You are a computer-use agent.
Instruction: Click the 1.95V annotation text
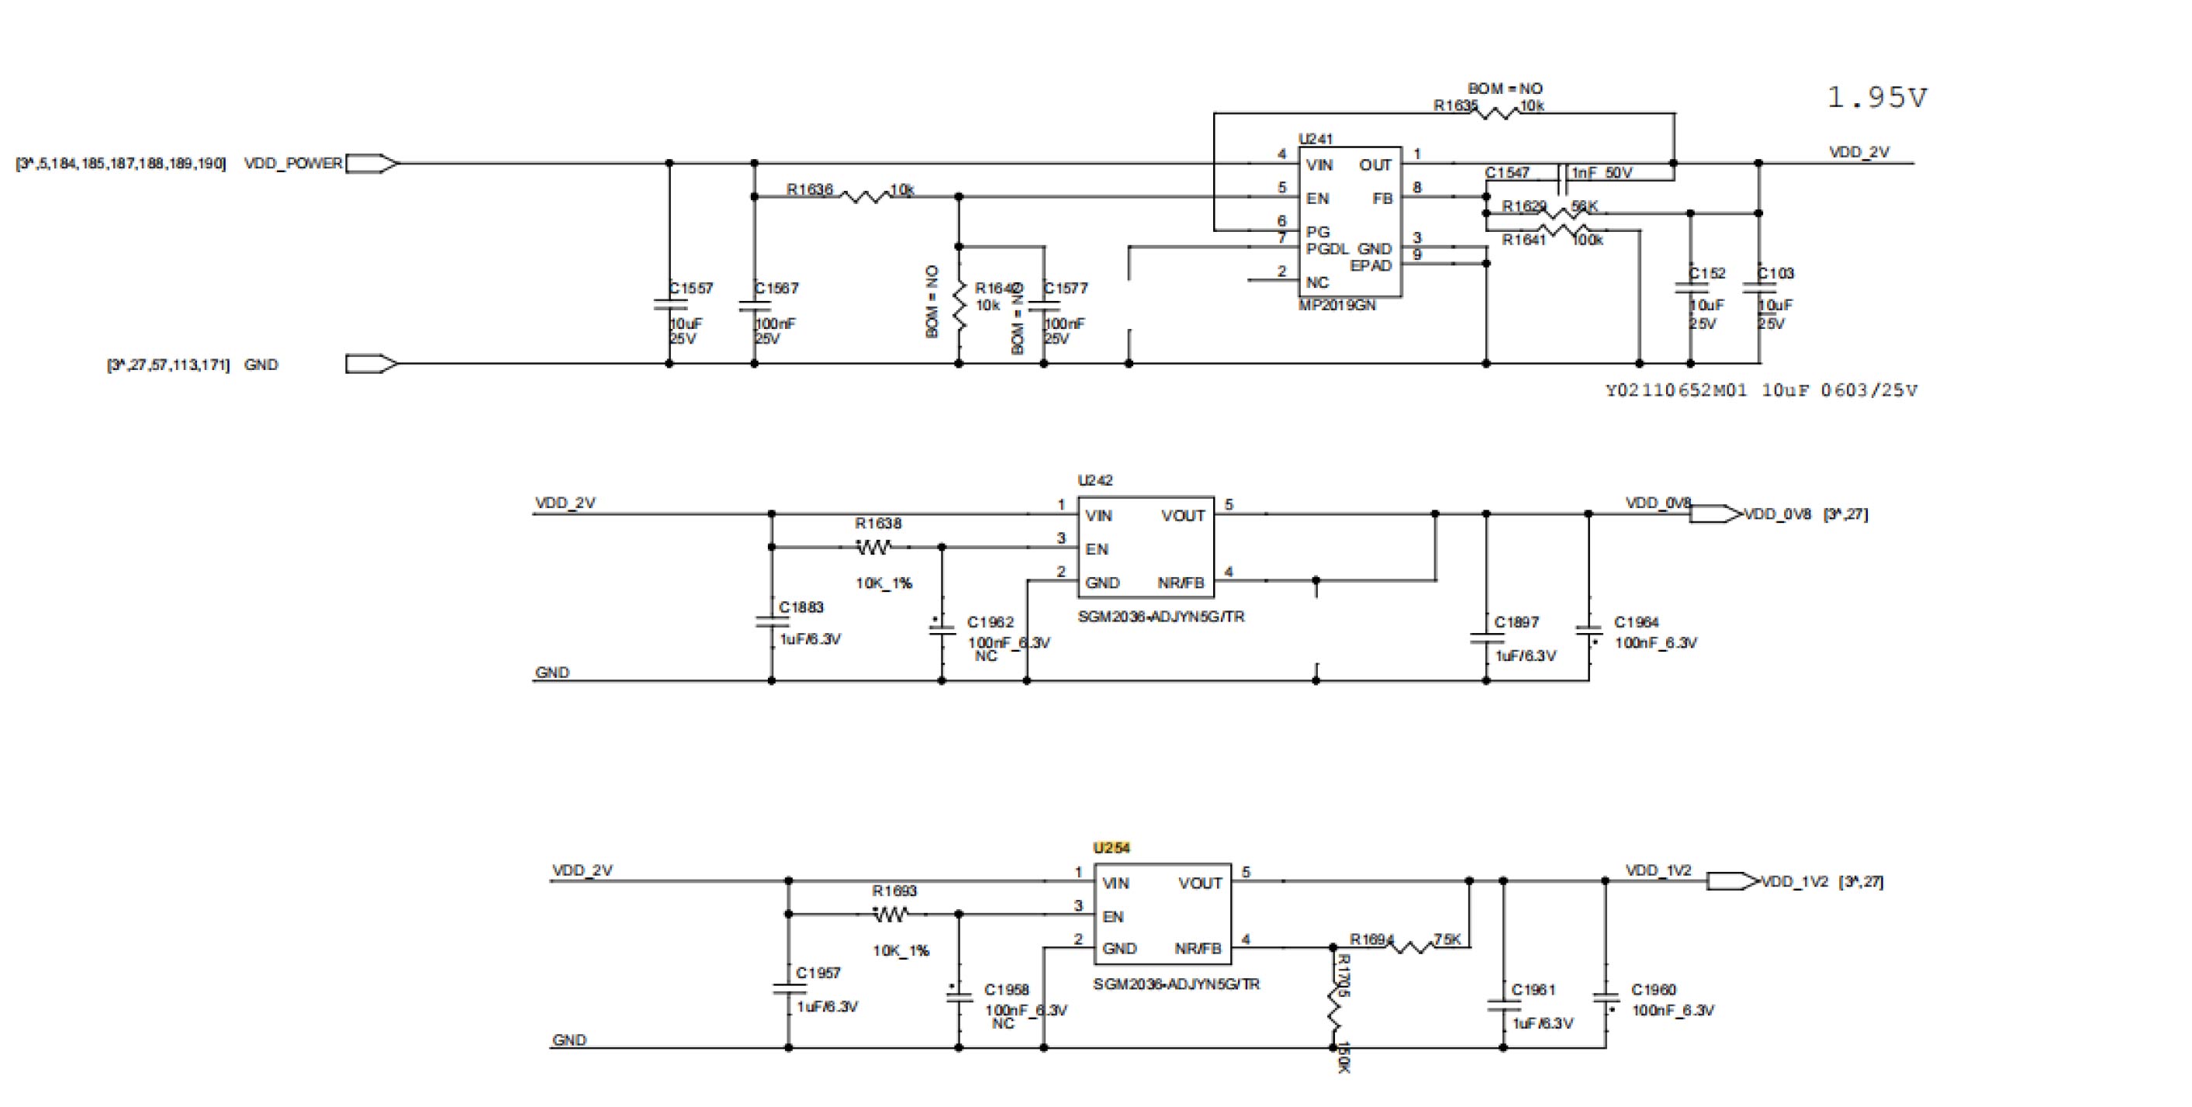point(1876,98)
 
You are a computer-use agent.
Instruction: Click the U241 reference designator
point(1316,139)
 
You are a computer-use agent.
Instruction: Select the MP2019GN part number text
point(1336,306)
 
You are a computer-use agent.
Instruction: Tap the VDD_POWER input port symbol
point(371,164)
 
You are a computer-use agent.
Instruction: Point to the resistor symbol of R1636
point(864,196)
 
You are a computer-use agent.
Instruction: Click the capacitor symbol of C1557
point(669,304)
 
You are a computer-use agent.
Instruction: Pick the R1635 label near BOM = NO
point(1454,106)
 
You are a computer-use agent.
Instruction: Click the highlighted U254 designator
point(1112,847)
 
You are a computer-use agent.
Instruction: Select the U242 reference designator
point(1095,480)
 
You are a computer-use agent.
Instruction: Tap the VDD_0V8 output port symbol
point(1715,514)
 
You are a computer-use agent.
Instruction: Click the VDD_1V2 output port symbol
point(1731,881)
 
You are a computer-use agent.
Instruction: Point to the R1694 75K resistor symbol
point(1412,946)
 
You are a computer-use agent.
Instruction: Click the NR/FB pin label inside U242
point(1181,583)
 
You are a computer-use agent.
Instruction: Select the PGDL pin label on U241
point(1326,248)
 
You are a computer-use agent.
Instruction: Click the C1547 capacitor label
point(1507,173)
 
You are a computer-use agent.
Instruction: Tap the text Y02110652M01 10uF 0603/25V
point(1761,390)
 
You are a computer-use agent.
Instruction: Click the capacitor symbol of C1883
point(772,622)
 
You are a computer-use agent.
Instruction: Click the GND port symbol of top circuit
point(371,364)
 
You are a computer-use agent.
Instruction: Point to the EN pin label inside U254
point(1113,916)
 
